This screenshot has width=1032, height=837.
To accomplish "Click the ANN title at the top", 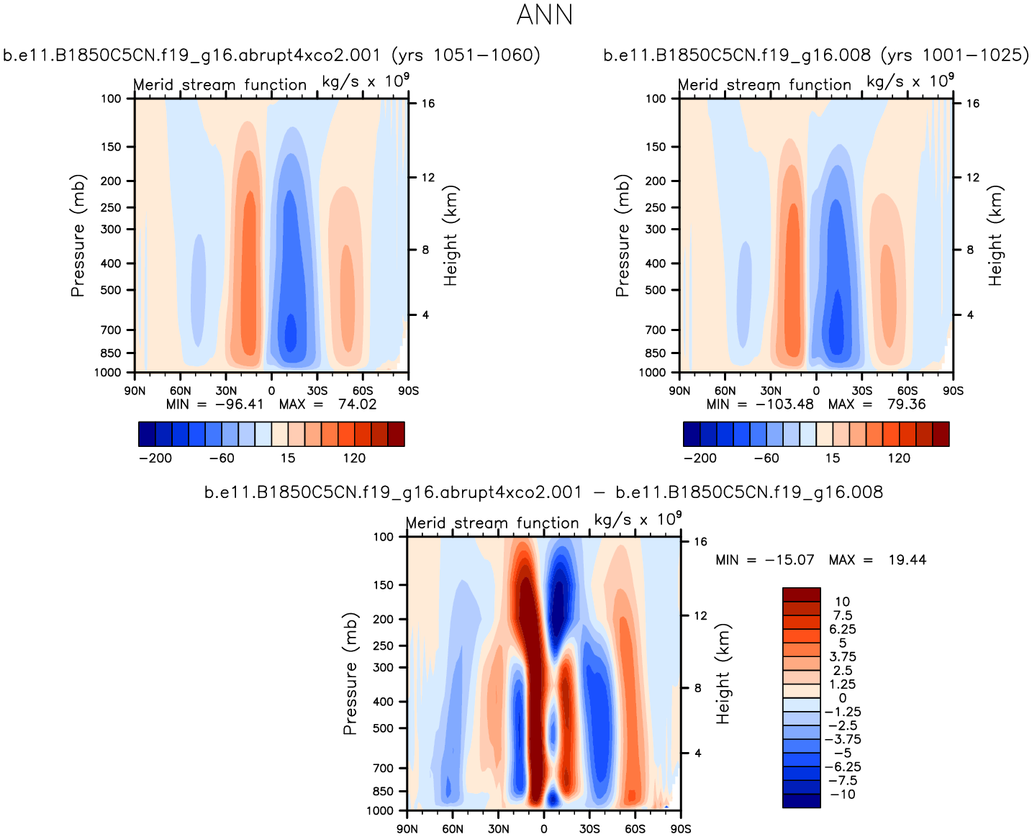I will pyautogui.click(x=545, y=15).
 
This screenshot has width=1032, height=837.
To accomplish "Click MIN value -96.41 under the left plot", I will pyautogui.click(x=240, y=404).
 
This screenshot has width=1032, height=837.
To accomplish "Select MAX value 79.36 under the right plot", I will pyautogui.click(x=906, y=404).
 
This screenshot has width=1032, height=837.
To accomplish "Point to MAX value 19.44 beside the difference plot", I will pyautogui.click(x=907, y=560).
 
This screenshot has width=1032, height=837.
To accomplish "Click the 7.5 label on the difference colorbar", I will pyautogui.click(x=842, y=615).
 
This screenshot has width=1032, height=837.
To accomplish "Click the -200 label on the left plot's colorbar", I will pyautogui.click(x=155, y=458).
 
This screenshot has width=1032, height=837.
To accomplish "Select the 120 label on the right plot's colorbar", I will pyautogui.click(x=898, y=458).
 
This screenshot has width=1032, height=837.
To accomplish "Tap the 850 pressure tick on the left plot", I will pyautogui.click(x=111, y=353).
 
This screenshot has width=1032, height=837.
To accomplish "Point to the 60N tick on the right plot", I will pyautogui.click(x=725, y=391).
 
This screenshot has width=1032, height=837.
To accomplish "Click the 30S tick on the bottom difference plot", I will pyautogui.click(x=589, y=829).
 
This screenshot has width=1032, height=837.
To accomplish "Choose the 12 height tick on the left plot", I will pyautogui.click(x=427, y=178).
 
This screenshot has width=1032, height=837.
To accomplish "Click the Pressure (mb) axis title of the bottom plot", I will pyautogui.click(x=350, y=674).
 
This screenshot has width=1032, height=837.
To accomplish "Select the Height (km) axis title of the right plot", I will pyautogui.click(x=995, y=236).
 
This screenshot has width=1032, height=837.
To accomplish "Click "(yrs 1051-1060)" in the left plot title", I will pyautogui.click(x=466, y=55).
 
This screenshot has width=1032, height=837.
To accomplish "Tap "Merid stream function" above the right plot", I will pyautogui.click(x=764, y=85).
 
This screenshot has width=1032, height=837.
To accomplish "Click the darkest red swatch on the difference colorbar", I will pyautogui.click(x=801, y=594).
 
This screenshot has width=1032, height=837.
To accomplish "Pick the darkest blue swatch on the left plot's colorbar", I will pyautogui.click(x=147, y=434).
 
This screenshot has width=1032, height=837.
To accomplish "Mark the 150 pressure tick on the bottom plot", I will pyautogui.click(x=384, y=585).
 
